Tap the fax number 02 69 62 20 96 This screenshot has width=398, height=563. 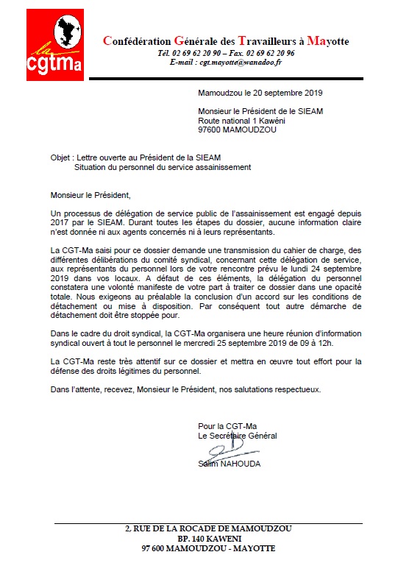pos(267,54)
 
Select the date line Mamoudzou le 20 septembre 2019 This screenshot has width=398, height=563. pos(260,93)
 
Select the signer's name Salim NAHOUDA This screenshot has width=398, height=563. pos(229,464)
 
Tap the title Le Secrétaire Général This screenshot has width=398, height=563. pos(238,436)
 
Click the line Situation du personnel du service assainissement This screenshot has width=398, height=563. pos(163,167)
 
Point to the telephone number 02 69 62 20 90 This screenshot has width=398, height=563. pos(194,54)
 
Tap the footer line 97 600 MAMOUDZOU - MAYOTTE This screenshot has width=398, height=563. pos(199,549)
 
